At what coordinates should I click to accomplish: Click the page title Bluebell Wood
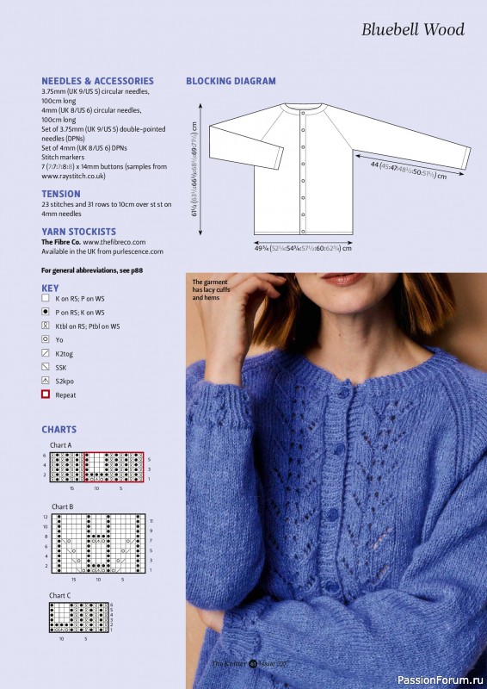[x=412, y=30]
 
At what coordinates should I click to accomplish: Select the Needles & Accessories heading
[x=97, y=81]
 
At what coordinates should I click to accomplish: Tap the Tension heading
[x=61, y=194]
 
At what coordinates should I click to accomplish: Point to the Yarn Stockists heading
[x=78, y=232]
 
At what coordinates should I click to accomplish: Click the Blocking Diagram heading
[x=231, y=81]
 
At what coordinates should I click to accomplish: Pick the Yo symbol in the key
[x=46, y=340]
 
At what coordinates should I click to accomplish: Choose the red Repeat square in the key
[x=46, y=394]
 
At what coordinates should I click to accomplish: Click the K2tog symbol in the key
[x=46, y=353]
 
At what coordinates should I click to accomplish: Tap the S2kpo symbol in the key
[x=46, y=381]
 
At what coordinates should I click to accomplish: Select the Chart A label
[x=62, y=444]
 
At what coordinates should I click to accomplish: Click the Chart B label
[x=62, y=506]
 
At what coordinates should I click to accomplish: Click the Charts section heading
[x=59, y=429]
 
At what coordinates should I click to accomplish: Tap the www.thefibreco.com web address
[x=114, y=242]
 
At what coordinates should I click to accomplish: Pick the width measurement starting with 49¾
[x=302, y=248]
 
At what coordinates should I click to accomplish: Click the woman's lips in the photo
[x=342, y=280]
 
